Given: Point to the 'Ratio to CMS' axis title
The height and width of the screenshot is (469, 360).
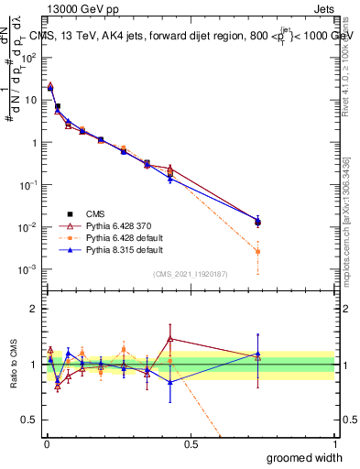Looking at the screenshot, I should (15, 362).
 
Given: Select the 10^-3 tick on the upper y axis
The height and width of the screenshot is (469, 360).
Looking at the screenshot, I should (31, 269).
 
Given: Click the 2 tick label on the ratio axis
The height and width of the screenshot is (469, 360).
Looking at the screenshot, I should (36, 309).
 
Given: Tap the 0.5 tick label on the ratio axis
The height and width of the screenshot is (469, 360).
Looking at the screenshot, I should (32, 419).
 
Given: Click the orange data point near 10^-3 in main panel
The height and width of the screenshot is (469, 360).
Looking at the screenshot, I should (257, 251).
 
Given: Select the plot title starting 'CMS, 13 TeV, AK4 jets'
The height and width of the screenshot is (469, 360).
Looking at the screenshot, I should (192, 37).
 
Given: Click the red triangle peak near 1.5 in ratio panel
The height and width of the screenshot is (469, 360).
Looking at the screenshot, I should (170, 339).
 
